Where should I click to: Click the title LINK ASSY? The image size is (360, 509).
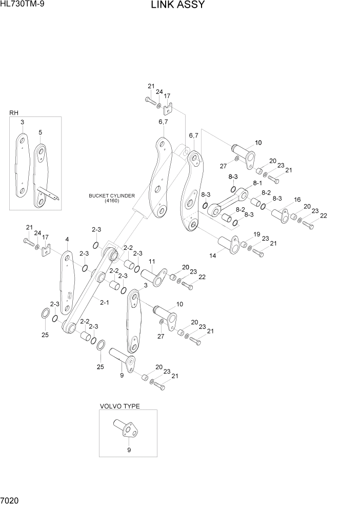(178, 5)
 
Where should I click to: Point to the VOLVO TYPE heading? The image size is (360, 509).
(119, 406)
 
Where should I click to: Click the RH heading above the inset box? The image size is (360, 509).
(13, 112)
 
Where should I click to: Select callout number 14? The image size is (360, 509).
(212, 255)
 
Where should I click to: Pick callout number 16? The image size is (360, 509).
(296, 200)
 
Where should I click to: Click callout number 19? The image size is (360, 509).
(256, 234)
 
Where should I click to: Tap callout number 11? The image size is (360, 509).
(152, 262)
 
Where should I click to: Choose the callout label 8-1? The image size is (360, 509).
(257, 183)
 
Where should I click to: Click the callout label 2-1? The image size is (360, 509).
(104, 302)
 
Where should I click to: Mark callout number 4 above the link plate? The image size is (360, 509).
(67, 239)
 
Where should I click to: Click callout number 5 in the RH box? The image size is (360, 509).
(40, 132)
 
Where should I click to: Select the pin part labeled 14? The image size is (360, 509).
(228, 244)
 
